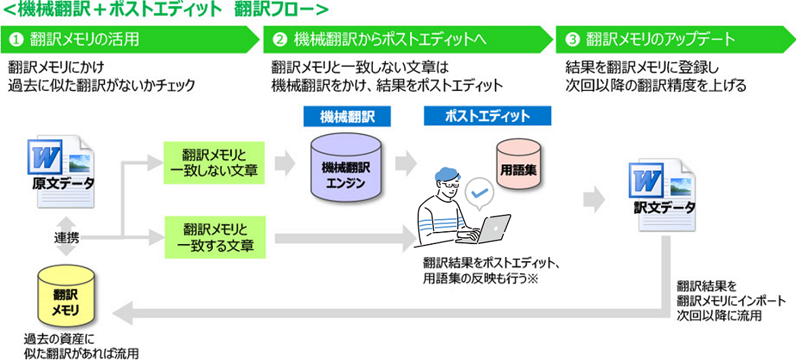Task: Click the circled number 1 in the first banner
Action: point(16,40)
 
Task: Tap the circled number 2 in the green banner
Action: point(279,40)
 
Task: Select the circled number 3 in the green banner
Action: point(572,40)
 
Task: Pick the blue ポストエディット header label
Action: point(487,116)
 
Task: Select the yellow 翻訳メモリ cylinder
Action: point(66,298)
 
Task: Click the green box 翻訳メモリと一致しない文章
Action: point(214,163)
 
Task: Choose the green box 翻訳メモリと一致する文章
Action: point(214,235)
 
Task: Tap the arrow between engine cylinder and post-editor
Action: point(405,163)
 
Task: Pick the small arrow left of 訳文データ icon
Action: point(594,199)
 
